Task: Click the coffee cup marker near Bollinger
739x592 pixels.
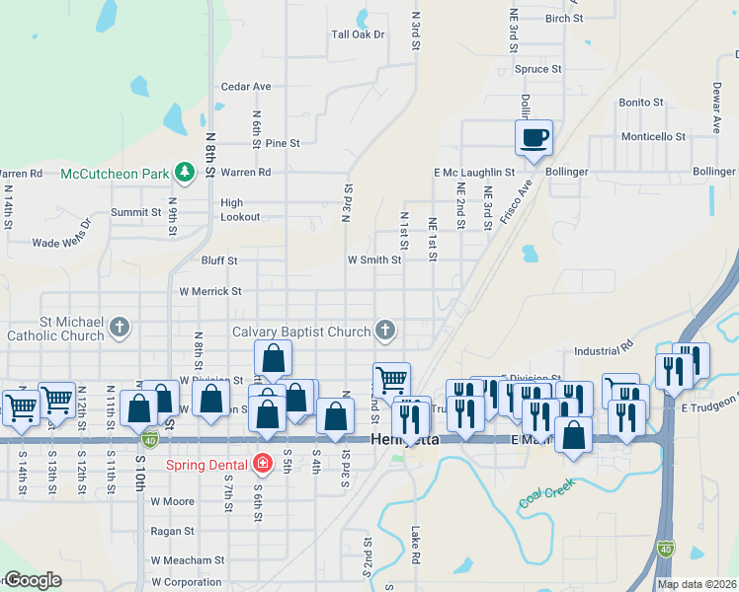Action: [x=534, y=137]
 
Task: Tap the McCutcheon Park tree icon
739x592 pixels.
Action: [x=184, y=173]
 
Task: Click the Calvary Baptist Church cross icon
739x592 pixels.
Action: [x=385, y=331]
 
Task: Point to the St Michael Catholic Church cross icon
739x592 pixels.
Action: [x=119, y=327]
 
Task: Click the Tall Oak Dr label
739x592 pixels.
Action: [x=358, y=35]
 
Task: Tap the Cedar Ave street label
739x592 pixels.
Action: [x=246, y=87]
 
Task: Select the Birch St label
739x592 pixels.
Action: [x=565, y=19]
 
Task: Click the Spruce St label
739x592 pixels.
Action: [x=538, y=70]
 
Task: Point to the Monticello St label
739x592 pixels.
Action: [x=653, y=137]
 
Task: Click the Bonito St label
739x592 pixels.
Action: [x=640, y=103]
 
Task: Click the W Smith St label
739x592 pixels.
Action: [x=373, y=260]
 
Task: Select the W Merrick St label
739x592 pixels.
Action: [x=209, y=292]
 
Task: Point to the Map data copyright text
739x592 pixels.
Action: [x=697, y=584]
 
